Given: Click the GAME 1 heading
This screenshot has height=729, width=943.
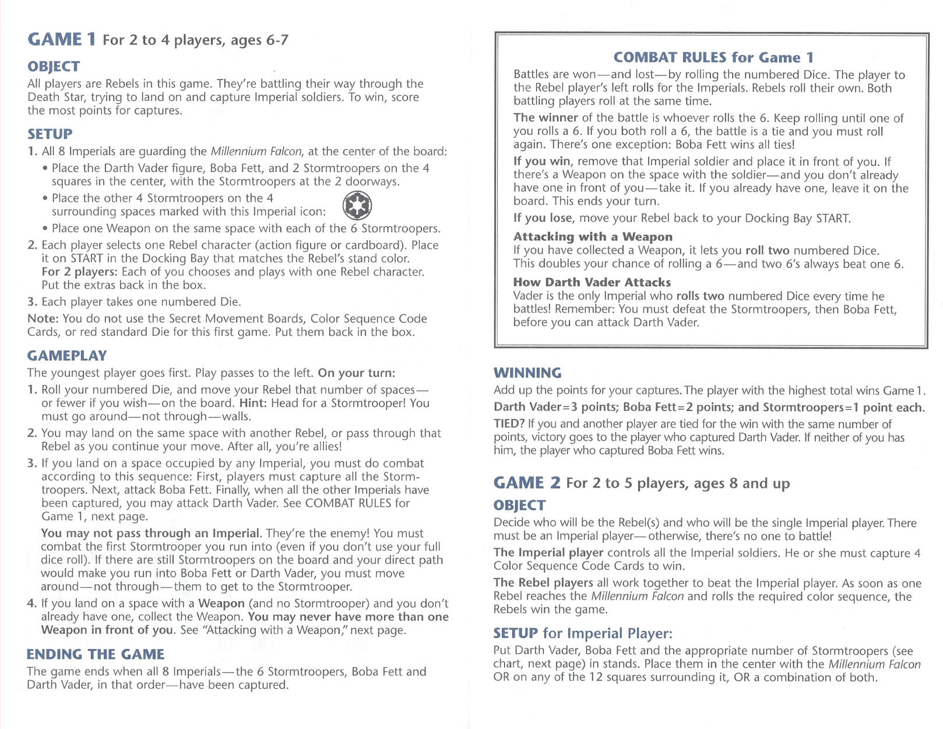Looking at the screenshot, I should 62,40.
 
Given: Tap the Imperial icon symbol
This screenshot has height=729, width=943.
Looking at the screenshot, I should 357,206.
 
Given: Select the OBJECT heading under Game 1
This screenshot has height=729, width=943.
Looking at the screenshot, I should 54,66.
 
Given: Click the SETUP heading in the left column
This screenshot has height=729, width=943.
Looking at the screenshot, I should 50,134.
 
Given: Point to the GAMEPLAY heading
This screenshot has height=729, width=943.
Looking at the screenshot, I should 67,356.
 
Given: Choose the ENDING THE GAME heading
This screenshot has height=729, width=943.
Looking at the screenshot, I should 96,654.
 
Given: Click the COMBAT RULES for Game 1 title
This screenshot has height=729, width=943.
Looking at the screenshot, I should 713,57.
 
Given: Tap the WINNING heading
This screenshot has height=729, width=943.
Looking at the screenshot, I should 527,373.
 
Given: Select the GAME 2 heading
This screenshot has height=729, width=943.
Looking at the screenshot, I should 527,483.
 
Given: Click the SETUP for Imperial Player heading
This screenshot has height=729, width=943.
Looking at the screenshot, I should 583,633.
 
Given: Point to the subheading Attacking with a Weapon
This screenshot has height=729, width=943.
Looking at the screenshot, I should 593,236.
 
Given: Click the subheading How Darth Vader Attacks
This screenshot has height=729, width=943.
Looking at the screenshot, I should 592,282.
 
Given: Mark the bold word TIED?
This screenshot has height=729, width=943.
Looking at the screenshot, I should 509,424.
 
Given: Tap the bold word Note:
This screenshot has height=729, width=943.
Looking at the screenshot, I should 43,318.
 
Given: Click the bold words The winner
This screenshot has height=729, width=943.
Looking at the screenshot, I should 546,118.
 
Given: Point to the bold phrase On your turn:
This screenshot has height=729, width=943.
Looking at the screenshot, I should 356,373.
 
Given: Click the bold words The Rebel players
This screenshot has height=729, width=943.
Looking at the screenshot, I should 543,583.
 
